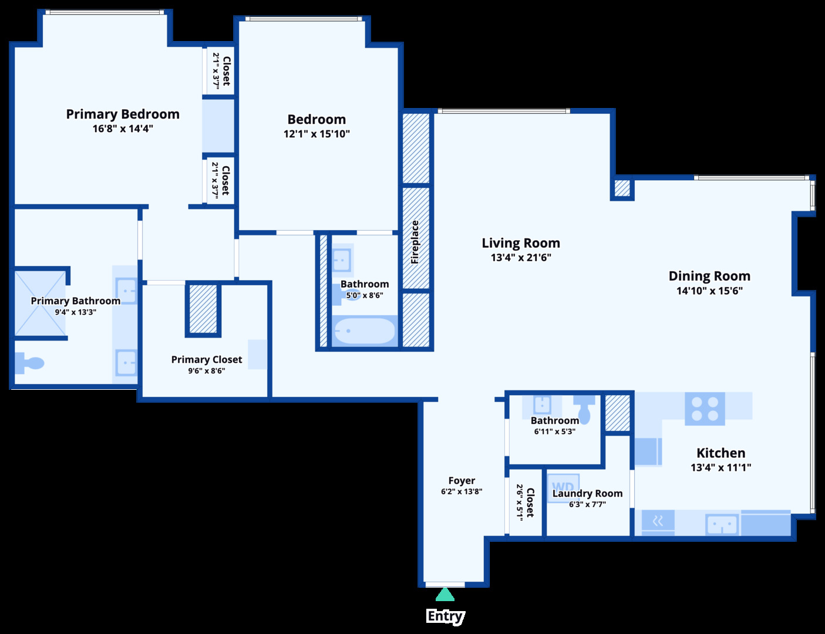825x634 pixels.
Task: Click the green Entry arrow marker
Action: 445,595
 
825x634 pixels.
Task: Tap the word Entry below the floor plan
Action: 445,616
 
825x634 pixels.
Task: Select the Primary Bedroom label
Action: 123,114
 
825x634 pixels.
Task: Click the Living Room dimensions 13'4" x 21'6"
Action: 521,258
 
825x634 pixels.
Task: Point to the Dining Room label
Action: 709,276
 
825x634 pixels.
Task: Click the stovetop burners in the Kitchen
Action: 705,409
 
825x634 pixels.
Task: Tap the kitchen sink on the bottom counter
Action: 722,524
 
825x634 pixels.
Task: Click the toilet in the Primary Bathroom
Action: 29,363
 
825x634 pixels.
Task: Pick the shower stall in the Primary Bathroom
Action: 40,303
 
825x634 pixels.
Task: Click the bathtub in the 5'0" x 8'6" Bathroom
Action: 364,331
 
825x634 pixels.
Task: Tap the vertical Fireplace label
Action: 415,242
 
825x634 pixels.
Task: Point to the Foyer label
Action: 462,481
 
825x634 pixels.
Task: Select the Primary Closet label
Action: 206,359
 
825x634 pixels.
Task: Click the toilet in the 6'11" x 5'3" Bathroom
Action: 585,407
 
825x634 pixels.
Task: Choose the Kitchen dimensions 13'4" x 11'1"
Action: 720,467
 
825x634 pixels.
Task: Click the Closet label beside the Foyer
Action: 530,502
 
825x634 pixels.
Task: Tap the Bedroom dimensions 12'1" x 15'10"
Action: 316,134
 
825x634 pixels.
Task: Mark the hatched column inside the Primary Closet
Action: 203,309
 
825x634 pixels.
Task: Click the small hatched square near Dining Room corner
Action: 622,188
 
